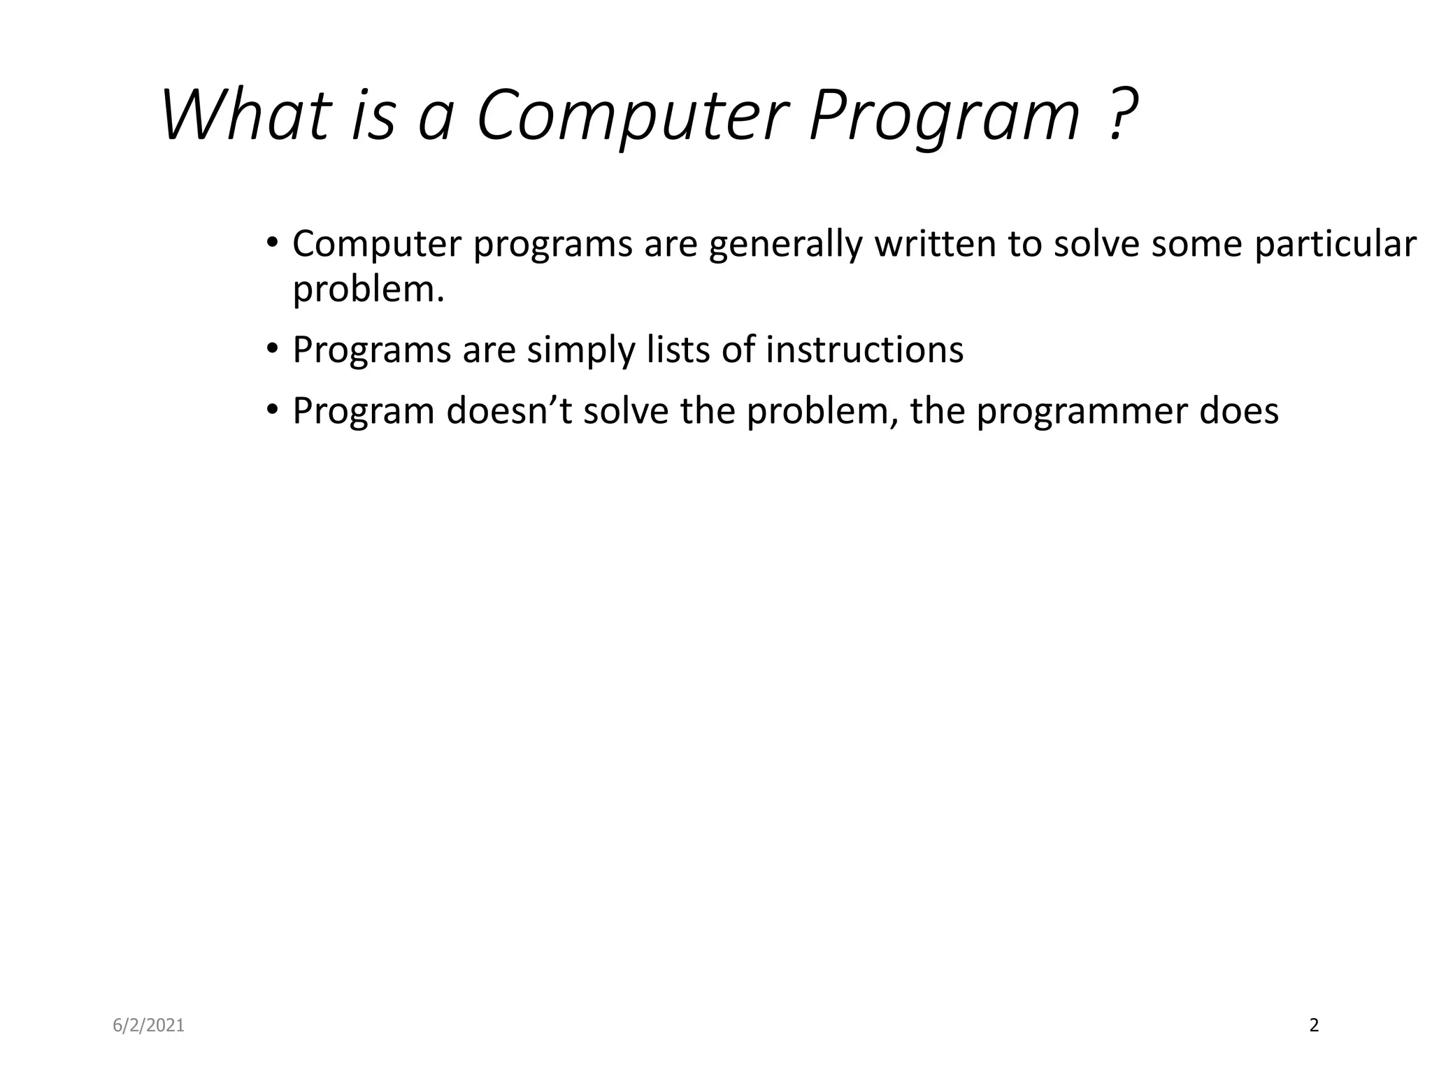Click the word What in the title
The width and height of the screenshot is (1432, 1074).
245,115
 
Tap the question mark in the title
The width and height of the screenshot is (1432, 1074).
1122,115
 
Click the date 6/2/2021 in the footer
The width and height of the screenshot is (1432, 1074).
149,1026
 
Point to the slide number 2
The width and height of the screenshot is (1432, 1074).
1314,1026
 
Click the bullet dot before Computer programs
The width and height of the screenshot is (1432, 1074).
272,243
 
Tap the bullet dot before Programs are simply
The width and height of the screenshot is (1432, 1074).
272,349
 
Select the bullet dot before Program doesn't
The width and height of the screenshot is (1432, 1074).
272,410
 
